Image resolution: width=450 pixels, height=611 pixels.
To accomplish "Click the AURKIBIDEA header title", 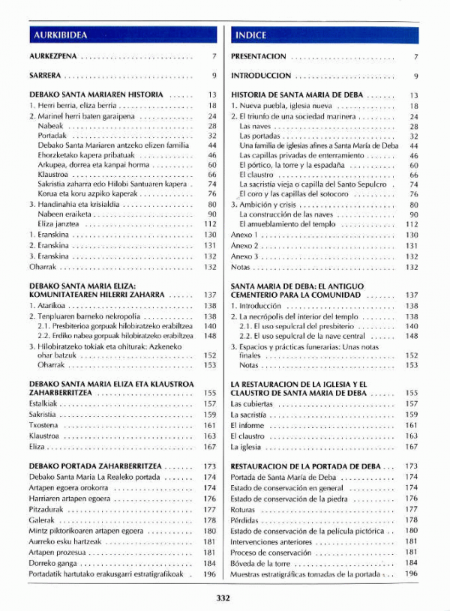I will click(61, 34).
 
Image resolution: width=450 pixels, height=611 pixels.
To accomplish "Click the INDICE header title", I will click(250, 34).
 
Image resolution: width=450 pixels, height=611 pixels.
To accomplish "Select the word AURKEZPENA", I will click(52, 56).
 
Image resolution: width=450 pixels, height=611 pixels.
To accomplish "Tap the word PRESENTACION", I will click(259, 56).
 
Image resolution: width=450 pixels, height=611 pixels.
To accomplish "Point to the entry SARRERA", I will click(45, 76).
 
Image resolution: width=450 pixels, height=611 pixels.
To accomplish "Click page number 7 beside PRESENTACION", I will click(415, 56).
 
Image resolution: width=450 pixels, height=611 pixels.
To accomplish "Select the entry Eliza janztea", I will click(59, 223).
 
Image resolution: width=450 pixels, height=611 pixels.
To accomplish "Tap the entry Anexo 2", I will click(244, 245).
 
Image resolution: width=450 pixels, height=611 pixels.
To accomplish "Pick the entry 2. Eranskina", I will click(49, 245).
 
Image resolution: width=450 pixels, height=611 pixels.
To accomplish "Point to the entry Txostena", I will click(44, 425).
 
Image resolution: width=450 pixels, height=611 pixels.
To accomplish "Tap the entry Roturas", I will click(244, 509).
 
